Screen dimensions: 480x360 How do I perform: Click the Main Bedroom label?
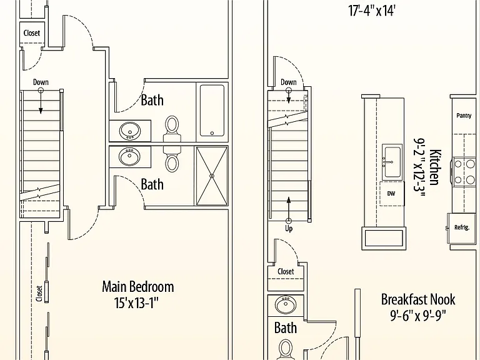click(137, 287)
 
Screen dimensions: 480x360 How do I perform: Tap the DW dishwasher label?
click(391, 194)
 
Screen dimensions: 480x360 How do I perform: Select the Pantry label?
click(464, 116)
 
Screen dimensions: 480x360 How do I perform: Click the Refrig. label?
click(462, 227)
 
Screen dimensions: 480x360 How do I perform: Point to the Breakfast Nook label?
click(418, 299)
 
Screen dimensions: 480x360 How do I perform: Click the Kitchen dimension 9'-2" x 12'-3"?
click(419, 168)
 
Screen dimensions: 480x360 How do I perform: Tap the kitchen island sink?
click(392, 162)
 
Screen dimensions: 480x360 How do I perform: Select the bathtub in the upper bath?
click(212, 110)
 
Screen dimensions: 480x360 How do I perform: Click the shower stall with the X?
click(212, 176)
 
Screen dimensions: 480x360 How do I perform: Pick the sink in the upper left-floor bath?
click(130, 131)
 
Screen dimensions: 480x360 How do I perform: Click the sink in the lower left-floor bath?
click(130, 157)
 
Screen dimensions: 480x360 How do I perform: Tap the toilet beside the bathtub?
click(172, 129)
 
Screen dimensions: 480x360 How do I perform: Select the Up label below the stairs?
click(289, 229)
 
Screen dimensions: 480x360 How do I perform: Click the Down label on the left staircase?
click(41, 82)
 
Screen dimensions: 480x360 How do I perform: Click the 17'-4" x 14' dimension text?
click(372, 11)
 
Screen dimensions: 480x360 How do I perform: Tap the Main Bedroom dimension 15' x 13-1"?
click(136, 303)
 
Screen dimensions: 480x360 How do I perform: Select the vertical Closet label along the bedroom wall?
click(39, 294)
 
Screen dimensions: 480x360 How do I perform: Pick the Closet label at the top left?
click(32, 32)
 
